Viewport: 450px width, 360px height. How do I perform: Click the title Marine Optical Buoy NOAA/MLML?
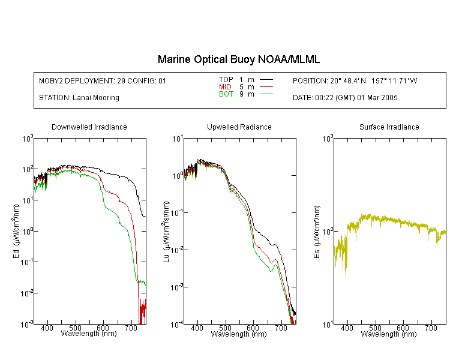click(238, 59)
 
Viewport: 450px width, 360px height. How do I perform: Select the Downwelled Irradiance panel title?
click(89, 127)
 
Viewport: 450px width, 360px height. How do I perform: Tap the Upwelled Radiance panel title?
click(239, 127)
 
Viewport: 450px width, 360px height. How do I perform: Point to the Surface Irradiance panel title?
click(389, 127)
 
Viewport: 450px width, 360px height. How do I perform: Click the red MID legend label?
click(225, 86)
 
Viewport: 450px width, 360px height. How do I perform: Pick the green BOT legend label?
click(226, 94)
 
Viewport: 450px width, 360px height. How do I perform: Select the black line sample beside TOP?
click(266, 80)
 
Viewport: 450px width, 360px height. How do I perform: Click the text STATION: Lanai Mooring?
click(79, 98)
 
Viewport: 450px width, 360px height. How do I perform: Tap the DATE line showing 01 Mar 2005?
click(345, 98)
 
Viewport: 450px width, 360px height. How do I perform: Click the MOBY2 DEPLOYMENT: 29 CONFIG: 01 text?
click(103, 80)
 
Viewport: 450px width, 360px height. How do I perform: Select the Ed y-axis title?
click(16, 231)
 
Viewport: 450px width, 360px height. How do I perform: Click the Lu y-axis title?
click(166, 232)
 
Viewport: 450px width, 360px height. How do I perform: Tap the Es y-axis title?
click(317, 232)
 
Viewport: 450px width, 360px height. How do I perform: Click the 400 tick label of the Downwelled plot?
click(47, 328)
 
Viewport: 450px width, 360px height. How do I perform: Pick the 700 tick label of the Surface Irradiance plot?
click(431, 328)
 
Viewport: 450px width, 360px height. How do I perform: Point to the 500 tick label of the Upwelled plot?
click(225, 328)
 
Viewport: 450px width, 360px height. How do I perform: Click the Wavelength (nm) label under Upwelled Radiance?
click(239, 334)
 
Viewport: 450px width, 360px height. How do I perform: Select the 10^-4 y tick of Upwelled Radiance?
click(176, 325)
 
